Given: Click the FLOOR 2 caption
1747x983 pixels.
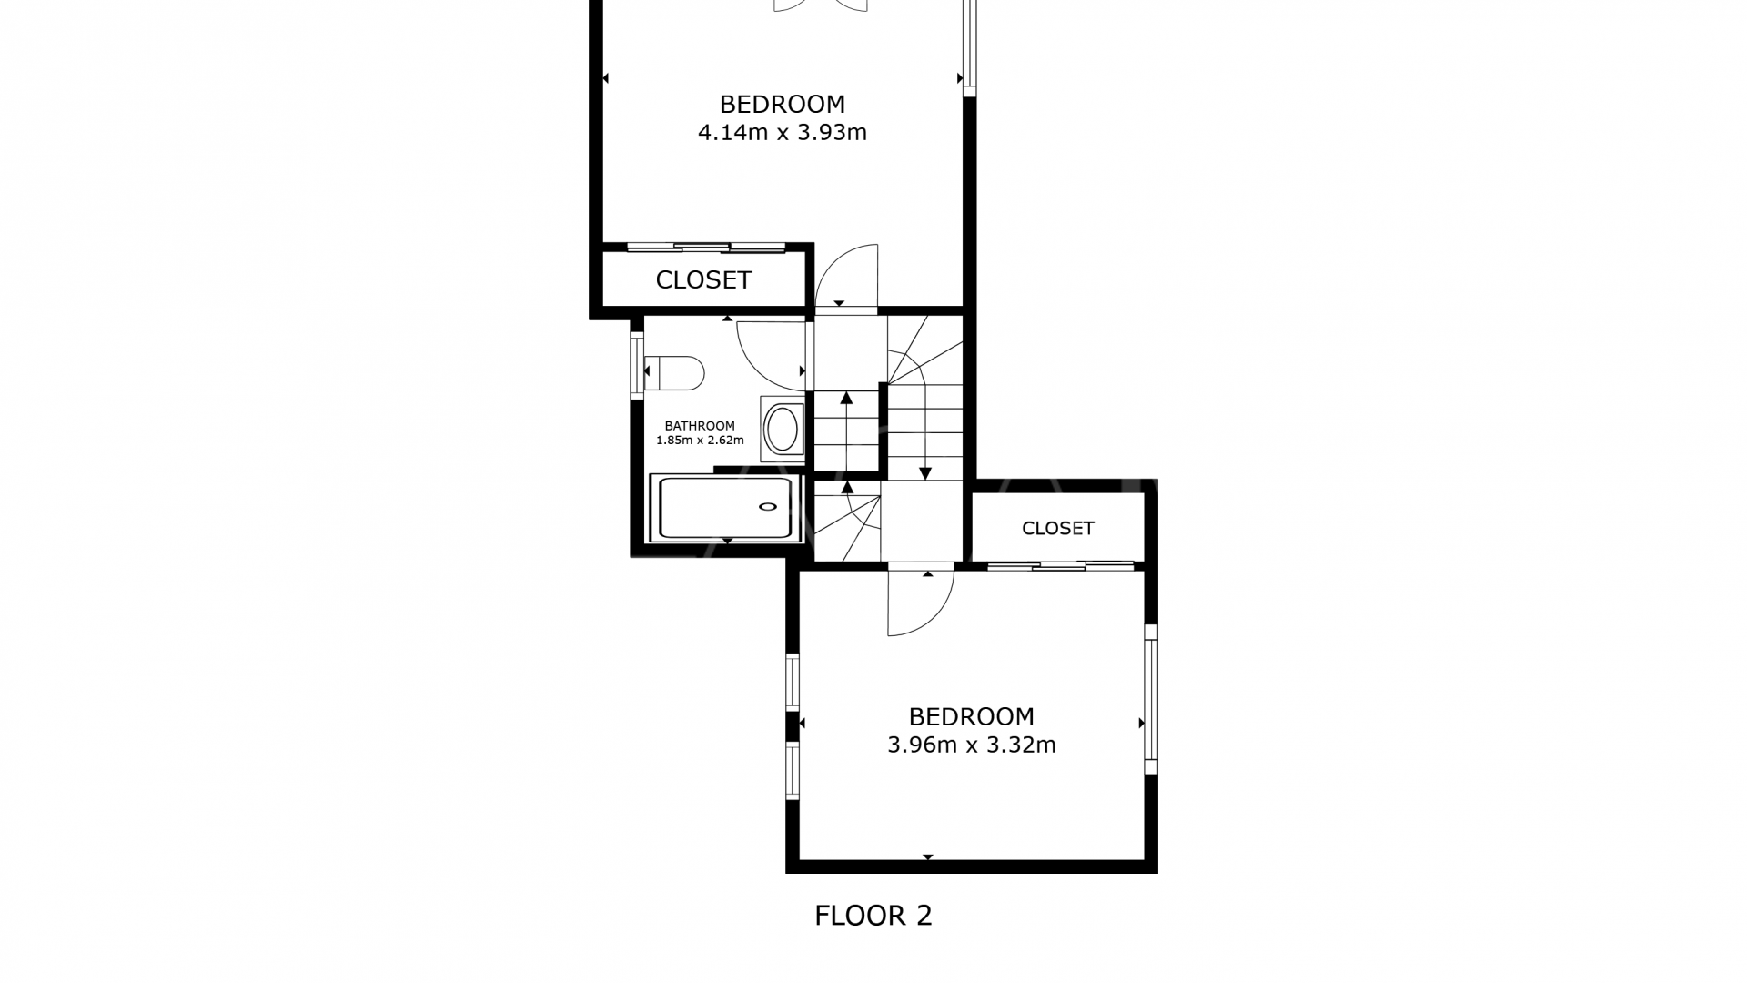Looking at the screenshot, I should point(873,916).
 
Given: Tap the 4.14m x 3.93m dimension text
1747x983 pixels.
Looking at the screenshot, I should point(782,133).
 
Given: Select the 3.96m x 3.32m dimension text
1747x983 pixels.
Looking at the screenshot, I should point(971,745).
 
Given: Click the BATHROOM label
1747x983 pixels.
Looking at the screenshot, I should point(699,426).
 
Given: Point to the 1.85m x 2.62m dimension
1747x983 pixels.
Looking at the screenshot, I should point(699,441).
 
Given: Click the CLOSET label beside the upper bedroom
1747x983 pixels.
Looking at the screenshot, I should point(703,280).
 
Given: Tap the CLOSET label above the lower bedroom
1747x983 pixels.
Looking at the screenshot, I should point(1057,529).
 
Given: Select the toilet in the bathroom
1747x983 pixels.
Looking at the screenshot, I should point(675,372).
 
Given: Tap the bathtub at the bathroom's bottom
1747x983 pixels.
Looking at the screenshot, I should point(726,508).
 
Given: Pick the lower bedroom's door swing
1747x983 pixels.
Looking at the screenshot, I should point(921,603).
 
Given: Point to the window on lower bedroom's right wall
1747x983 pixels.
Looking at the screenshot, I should point(1151,699).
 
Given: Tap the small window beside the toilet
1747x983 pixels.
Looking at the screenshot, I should point(637,367).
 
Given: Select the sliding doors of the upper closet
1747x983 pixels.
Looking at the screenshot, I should point(706,247).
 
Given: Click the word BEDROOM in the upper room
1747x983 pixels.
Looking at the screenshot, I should point(782,104).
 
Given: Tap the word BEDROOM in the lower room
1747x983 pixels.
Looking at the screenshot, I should point(971,716).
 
